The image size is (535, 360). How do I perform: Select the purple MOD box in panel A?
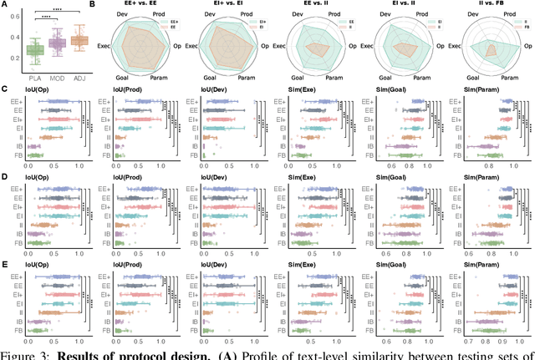[57, 43]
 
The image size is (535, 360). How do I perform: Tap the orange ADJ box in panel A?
[80, 40]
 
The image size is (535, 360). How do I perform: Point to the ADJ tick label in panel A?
[80, 80]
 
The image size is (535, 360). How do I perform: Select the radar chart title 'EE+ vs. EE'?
[145, 5]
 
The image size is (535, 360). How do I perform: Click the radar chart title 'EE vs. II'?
[317, 5]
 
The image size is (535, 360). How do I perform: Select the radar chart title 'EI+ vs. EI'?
[230, 5]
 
